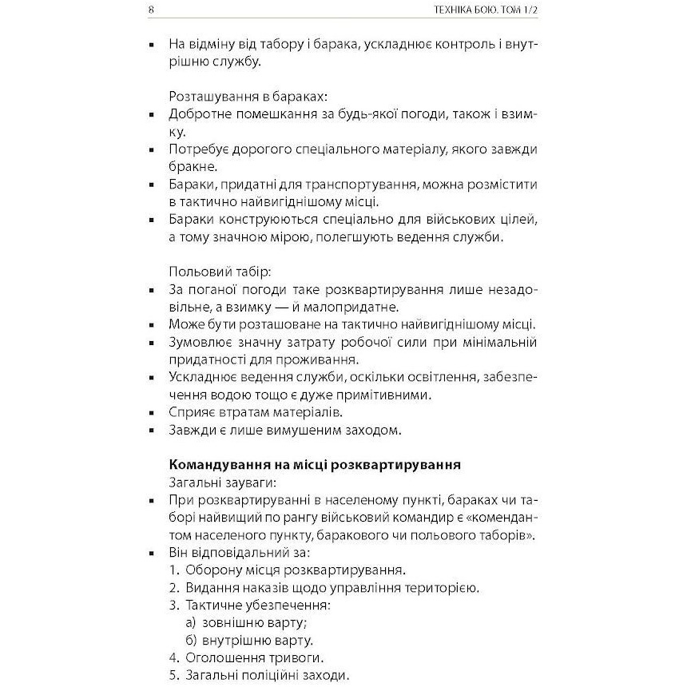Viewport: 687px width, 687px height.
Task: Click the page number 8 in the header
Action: coord(151,10)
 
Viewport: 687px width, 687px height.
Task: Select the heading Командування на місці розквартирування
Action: coord(316,464)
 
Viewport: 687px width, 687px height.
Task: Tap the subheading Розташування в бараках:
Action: coord(236,96)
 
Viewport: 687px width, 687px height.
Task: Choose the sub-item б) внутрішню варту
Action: coord(248,641)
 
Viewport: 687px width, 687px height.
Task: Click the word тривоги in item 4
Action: coord(294,658)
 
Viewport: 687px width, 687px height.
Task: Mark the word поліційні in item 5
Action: coord(276,676)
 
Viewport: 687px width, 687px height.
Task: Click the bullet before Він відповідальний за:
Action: coord(151,553)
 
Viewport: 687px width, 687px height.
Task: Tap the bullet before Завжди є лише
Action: coord(151,430)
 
